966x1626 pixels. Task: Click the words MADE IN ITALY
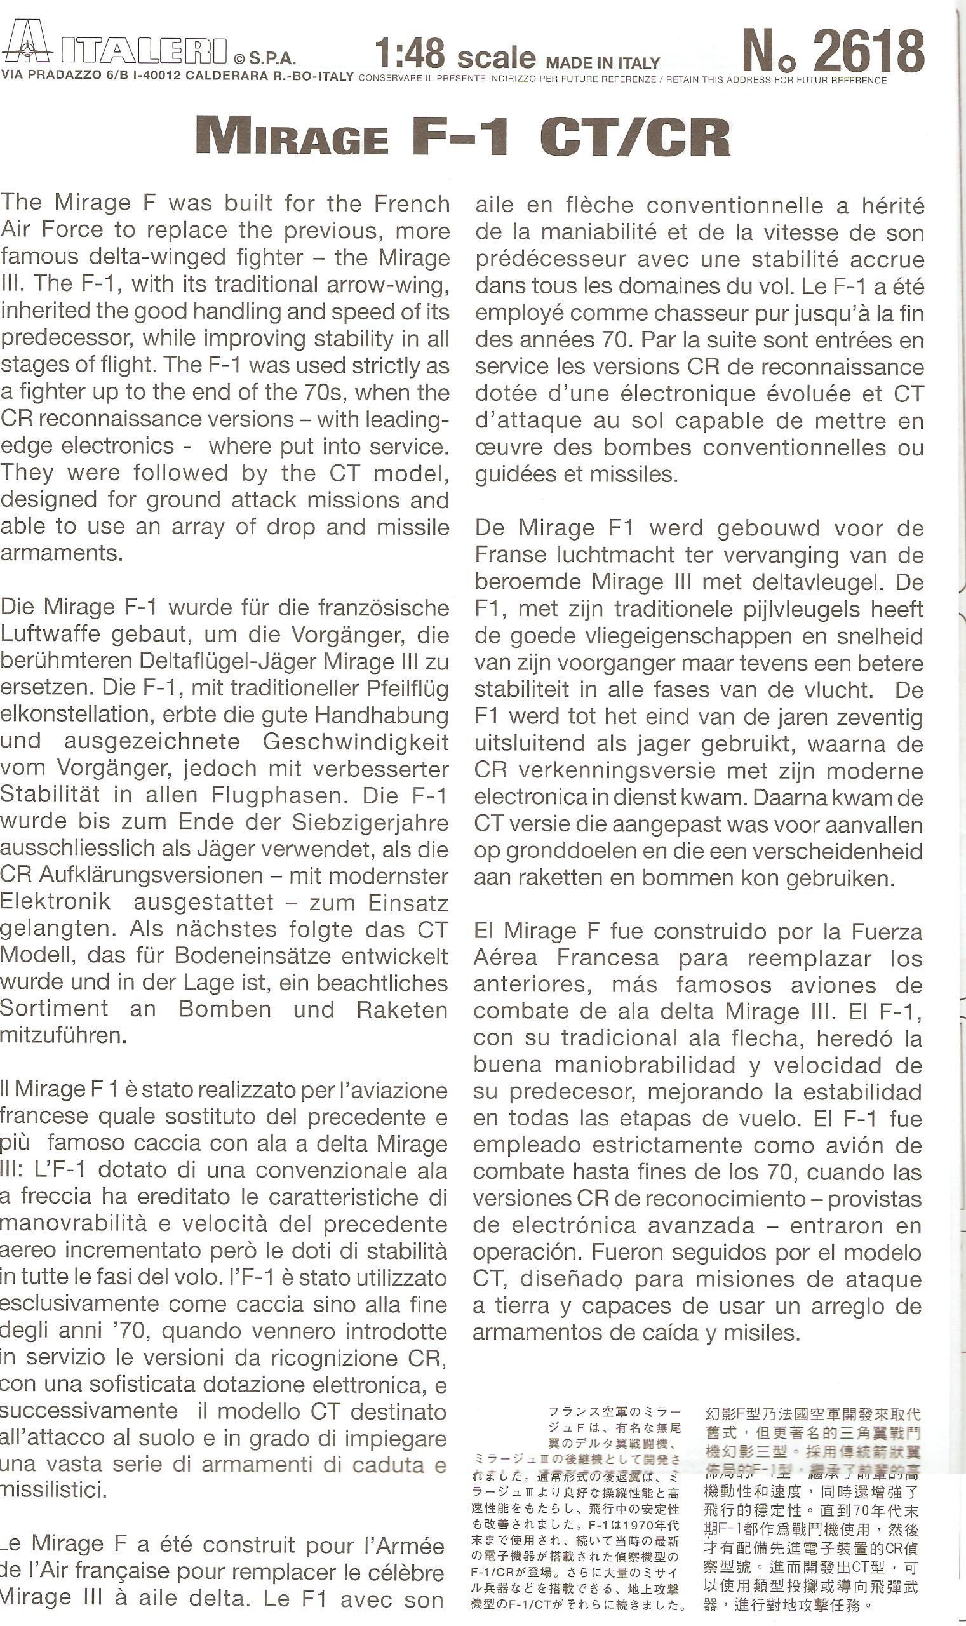coord(603,63)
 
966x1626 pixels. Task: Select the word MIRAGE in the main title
coord(292,137)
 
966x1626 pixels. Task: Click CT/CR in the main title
coord(634,137)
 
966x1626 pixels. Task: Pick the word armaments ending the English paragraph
coord(57,553)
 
